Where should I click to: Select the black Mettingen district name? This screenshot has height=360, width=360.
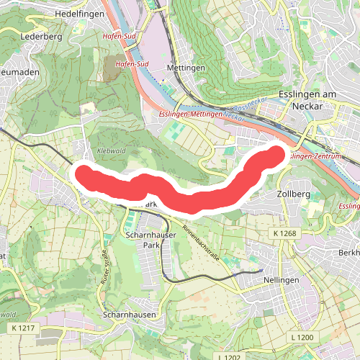click(x=186, y=68)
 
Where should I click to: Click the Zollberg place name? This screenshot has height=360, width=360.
click(x=293, y=194)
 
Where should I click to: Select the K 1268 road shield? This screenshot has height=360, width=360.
click(x=284, y=234)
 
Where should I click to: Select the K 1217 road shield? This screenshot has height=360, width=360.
click(x=24, y=328)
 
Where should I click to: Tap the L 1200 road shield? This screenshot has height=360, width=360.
click(x=303, y=337)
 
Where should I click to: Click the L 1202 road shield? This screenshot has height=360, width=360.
click(x=230, y=356)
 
